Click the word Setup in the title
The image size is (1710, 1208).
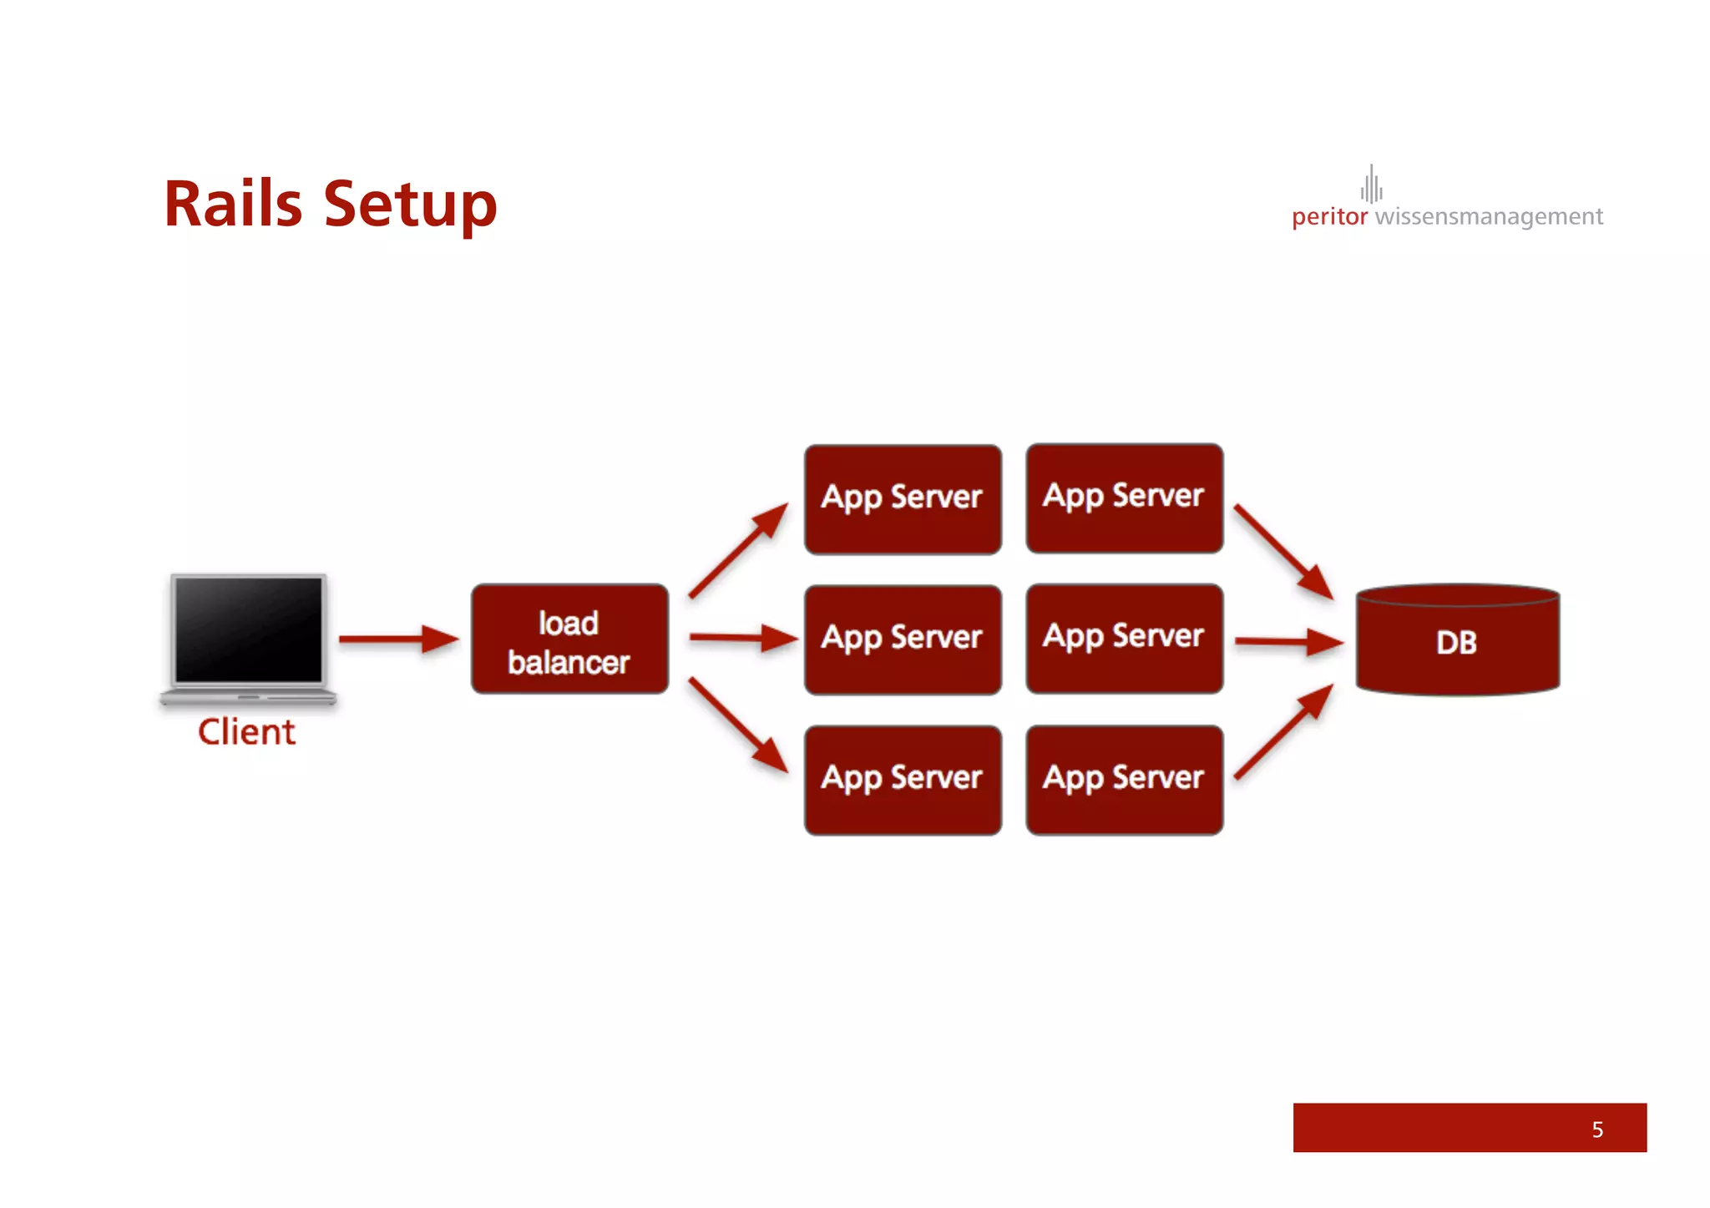coord(410,206)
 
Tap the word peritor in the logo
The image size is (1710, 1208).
coord(1329,217)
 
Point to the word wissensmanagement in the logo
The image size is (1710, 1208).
coord(1489,217)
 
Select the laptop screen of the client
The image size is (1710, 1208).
coord(248,629)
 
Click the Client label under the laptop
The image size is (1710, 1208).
coord(246,732)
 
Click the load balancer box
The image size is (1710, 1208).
coord(569,639)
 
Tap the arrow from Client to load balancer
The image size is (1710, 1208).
coord(397,639)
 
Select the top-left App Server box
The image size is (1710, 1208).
coord(903,499)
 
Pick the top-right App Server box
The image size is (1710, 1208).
coord(1124,498)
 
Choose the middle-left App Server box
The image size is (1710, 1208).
coord(903,639)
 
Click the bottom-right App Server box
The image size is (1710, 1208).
coord(1124,780)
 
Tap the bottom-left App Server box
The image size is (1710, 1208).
coord(903,780)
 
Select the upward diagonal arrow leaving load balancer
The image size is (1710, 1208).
coord(737,550)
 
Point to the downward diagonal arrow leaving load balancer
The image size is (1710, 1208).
coord(737,725)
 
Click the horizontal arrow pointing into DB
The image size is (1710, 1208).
coord(1288,642)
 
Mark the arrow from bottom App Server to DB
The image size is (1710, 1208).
coord(1283,731)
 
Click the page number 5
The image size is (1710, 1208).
coord(1596,1130)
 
